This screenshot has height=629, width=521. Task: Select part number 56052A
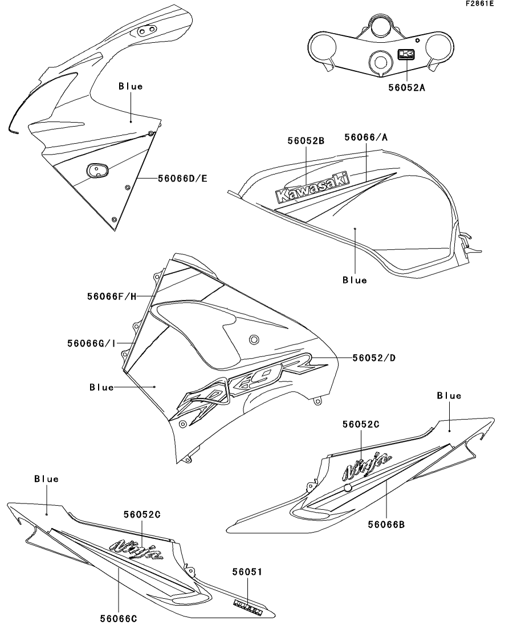pyautogui.click(x=406, y=88)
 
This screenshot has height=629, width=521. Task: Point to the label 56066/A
pyautogui.click(x=366, y=137)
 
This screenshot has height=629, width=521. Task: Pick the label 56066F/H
pyautogui.click(x=112, y=296)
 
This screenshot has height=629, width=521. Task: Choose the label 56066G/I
pyautogui.click(x=92, y=343)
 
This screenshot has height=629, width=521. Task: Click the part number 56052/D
pyautogui.click(x=374, y=358)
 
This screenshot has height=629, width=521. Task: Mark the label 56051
pyautogui.click(x=247, y=571)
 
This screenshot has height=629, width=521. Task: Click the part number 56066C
pyautogui.click(x=118, y=618)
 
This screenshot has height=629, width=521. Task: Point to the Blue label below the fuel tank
pyautogui.click(x=355, y=280)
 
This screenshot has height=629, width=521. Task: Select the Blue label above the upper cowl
pyautogui.click(x=131, y=87)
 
